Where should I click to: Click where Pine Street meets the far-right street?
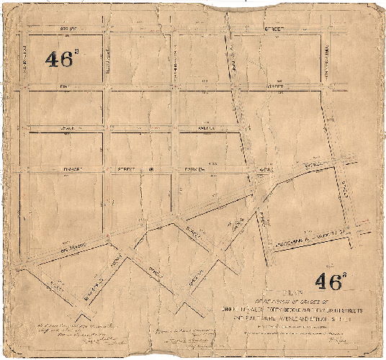pos(326,86)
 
